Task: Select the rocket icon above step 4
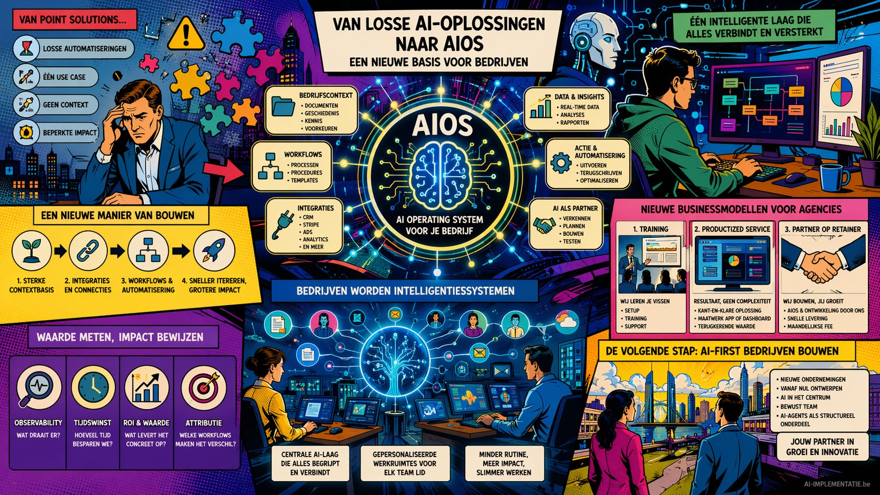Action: (214, 251)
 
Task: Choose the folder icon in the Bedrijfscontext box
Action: (284, 107)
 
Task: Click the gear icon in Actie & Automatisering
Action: (560, 163)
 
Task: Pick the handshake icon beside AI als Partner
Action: (544, 225)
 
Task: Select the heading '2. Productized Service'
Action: (732, 229)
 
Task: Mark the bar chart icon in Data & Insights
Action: (541, 108)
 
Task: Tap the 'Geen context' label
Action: (65, 105)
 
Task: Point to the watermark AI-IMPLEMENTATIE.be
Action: (837, 484)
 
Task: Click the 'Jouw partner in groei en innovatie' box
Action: (822, 447)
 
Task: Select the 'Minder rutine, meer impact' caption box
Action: (503, 463)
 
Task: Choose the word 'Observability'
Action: (38, 423)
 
